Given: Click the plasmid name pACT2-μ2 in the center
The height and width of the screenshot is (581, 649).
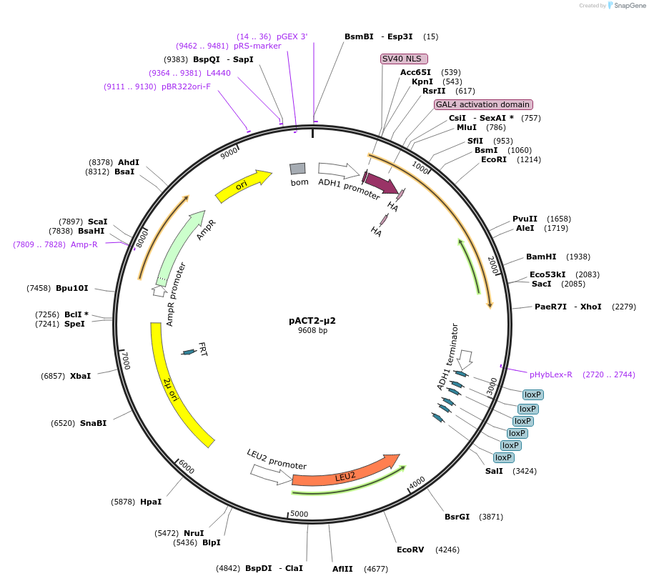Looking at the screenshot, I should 312,321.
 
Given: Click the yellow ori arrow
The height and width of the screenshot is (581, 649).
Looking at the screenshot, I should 243,186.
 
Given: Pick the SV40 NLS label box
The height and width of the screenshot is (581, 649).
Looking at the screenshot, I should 404,59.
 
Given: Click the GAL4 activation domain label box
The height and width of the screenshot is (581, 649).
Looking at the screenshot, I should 482,104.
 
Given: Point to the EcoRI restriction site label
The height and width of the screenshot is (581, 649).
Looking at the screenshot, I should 493,160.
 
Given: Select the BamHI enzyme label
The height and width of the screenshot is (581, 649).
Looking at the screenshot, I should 540,257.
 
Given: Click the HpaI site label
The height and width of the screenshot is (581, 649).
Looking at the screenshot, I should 151,502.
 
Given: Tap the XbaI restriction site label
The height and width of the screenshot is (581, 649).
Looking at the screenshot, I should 81,376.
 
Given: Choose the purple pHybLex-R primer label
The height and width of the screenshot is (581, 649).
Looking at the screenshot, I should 550,374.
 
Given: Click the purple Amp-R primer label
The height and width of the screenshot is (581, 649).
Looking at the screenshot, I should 84,244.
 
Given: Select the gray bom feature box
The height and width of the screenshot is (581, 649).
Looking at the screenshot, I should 298,169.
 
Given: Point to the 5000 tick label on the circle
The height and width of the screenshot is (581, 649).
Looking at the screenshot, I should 299,514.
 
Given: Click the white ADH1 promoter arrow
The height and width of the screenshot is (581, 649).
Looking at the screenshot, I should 338,170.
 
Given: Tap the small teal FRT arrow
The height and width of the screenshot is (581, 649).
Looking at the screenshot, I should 189,352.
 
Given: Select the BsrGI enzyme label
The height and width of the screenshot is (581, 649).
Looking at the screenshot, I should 457,517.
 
